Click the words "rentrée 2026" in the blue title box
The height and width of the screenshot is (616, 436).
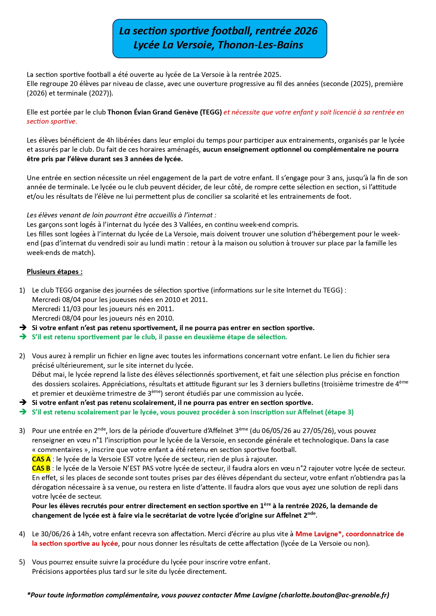(x=286, y=31)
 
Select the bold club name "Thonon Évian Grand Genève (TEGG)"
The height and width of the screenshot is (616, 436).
(x=164, y=112)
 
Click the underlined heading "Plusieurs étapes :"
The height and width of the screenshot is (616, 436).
(x=54, y=271)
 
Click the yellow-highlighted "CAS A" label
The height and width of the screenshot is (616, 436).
(x=41, y=459)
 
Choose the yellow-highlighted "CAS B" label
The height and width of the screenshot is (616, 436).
(x=41, y=468)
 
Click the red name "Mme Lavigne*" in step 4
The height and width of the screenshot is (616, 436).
(x=319, y=534)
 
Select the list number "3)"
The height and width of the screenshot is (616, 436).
(x=22, y=431)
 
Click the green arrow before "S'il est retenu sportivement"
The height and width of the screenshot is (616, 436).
(x=23, y=337)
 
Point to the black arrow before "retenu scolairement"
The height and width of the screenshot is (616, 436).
(x=23, y=402)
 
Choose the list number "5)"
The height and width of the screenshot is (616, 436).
(x=22, y=562)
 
